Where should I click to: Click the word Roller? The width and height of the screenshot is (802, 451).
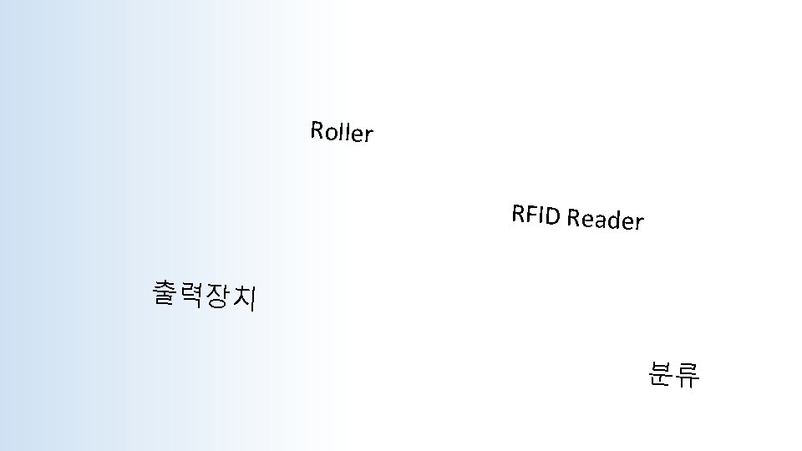click(341, 132)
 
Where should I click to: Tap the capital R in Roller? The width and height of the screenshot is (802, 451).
click(317, 129)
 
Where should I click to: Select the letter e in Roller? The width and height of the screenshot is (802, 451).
click(355, 134)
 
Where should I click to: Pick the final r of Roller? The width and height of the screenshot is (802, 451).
click(368, 135)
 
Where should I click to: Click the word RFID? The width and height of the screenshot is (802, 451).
click(536, 215)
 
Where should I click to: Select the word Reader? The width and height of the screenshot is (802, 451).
click(605, 220)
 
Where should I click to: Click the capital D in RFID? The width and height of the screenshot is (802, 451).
click(552, 216)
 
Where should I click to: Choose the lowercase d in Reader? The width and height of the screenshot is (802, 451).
click(614, 220)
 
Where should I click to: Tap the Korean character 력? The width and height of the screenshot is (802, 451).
click(192, 295)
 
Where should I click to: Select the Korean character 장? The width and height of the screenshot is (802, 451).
click(217, 296)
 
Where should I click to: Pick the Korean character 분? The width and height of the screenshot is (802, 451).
click(660, 375)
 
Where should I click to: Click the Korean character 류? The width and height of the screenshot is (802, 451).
click(688, 376)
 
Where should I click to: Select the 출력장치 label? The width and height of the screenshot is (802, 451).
click(205, 296)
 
